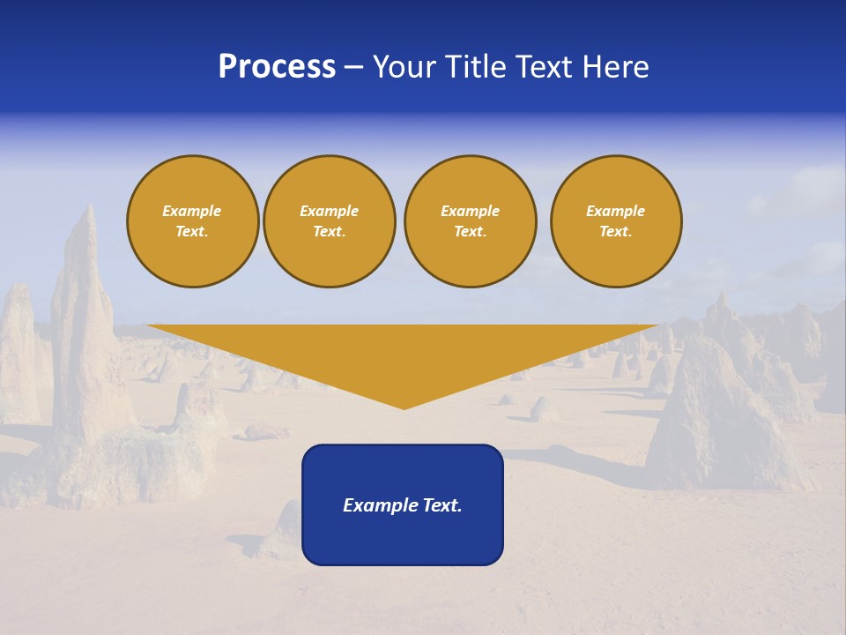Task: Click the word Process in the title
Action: tap(277, 67)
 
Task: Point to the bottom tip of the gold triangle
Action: tap(404, 407)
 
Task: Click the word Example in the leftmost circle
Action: tap(192, 211)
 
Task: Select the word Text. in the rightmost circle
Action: tap(616, 231)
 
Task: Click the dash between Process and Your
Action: tap(354, 68)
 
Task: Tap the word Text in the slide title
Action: tap(543, 67)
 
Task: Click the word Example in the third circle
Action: tap(471, 211)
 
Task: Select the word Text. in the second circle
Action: tap(330, 231)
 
